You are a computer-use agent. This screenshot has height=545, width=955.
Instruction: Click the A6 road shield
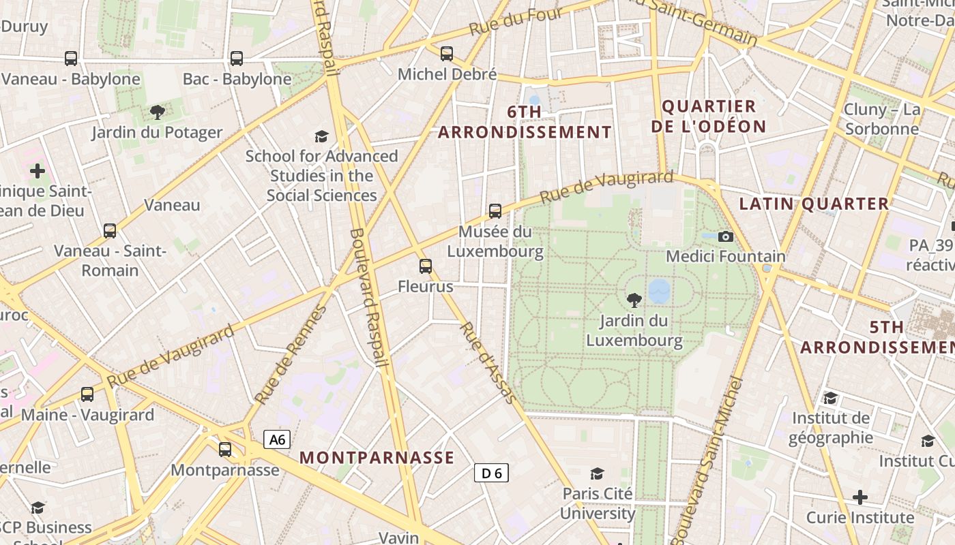click(277, 439)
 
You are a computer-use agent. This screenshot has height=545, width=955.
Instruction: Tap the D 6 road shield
click(491, 473)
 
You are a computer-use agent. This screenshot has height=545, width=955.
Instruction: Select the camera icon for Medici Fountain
click(726, 236)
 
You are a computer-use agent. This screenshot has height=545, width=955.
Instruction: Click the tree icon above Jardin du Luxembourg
click(634, 300)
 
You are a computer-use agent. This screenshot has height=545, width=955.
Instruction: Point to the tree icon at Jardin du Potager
click(158, 112)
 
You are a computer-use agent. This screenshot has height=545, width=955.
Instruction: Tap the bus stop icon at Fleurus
click(426, 266)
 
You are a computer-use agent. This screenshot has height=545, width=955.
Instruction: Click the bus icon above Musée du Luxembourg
click(495, 211)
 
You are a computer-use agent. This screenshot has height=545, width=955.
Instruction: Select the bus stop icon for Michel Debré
click(447, 53)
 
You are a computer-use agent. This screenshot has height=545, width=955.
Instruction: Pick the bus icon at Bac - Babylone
click(237, 59)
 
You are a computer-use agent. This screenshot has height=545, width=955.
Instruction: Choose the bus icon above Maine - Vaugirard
click(87, 394)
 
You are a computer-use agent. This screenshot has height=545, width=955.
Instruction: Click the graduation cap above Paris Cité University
click(598, 473)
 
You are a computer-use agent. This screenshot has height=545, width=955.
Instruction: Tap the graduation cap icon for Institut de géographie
click(830, 398)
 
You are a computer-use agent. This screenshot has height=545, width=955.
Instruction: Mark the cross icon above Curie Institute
click(860, 497)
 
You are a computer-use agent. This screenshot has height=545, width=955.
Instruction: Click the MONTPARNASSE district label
click(377, 458)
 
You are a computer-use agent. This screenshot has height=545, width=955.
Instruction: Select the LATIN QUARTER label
click(814, 204)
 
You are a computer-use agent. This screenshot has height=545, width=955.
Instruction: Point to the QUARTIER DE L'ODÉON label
click(709, 116)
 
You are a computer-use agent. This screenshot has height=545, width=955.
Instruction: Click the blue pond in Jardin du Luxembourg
click(660, 291)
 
